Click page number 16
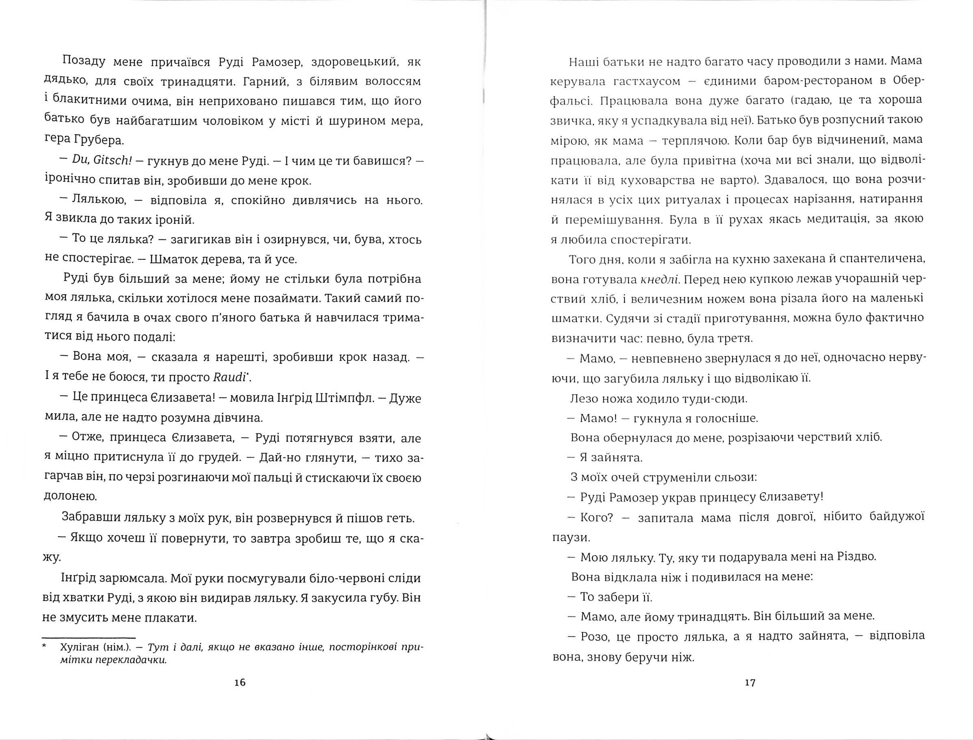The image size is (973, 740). pyautogui.click(x=240, y=683)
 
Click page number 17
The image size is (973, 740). pyautogui.click(x=750, y=683)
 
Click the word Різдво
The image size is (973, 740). pyautogui.click(x=853, y=557)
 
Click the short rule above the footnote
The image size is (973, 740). pyautogui.click(x=89, y=638)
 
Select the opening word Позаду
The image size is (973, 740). pyautogui.click(x=83, y=62)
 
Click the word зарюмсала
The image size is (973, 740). pyautogui.click(x=132, y=579)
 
